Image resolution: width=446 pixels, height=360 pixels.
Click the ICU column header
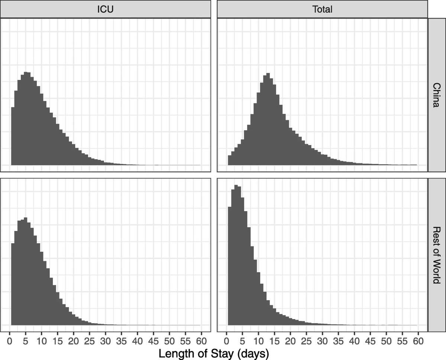(106, 9)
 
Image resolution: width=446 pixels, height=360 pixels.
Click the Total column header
(322, 9)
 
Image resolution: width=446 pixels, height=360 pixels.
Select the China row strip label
(436, 95)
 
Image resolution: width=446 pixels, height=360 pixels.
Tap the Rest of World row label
(436, 255)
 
